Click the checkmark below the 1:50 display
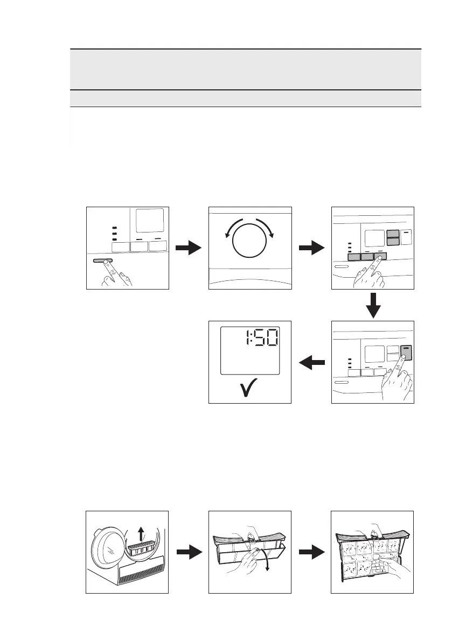click(x=249, y=390)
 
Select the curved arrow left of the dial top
click(x=230, y=233)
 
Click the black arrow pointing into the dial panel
click(x=189, y=248)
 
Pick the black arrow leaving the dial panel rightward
click(x=311, y=248)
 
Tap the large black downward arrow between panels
click(x=373, y=305)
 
